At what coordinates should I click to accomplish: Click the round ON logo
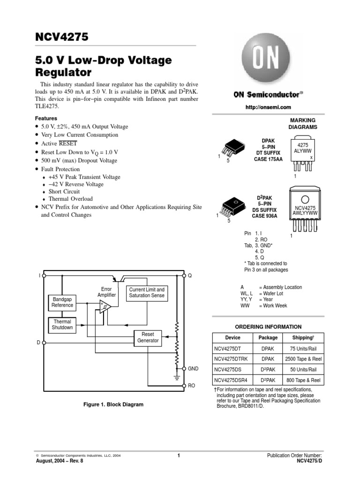click(267, 59)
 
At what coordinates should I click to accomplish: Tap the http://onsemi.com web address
click(268, 107)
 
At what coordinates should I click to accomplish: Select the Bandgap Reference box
click(62, 302)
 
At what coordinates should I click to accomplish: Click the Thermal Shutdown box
click(62, 325)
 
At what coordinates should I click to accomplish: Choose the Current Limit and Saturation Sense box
click(147, 292)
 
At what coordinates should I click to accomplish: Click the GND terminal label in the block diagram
click(194, 369)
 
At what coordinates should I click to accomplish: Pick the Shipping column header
click(302, 337)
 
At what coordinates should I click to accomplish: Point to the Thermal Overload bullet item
click(71, 199)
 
